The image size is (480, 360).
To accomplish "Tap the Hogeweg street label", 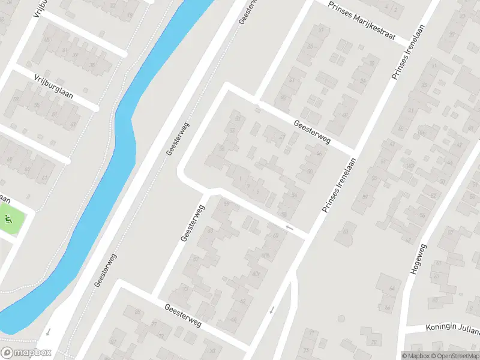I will tap(419, 259).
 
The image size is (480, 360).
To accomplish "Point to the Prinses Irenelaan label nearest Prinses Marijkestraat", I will tap(403, 56).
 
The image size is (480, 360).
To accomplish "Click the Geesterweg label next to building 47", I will tap(312, 131).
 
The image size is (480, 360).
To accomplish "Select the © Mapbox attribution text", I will tap(416, 355).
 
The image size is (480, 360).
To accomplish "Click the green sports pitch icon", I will tap(8, 219).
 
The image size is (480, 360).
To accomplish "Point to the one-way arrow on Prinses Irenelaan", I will tap(272, 310).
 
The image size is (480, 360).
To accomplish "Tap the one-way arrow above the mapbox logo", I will tap(48, 332).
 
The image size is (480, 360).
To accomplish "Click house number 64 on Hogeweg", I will tap(392, 289).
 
